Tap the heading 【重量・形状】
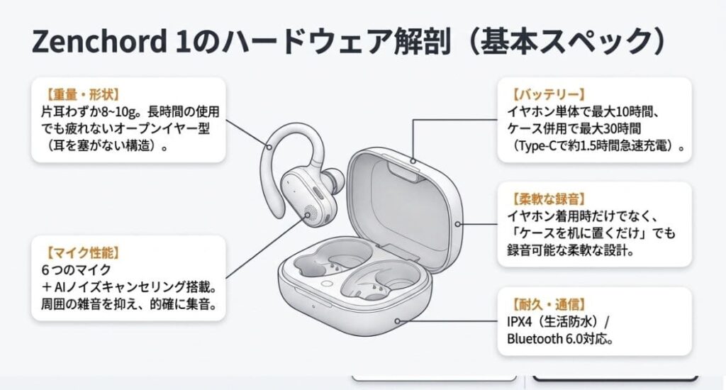coord(82,94)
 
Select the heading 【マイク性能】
coord(82,252)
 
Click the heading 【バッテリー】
coord(548,94)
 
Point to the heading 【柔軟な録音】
coord(548,199)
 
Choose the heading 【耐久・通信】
coord(548,304)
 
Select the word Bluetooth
coord(535,338)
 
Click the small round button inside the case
coord(328,284)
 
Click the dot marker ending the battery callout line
coord(412,161)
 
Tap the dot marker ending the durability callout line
coord(397,321)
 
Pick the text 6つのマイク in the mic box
coord(77,269)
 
